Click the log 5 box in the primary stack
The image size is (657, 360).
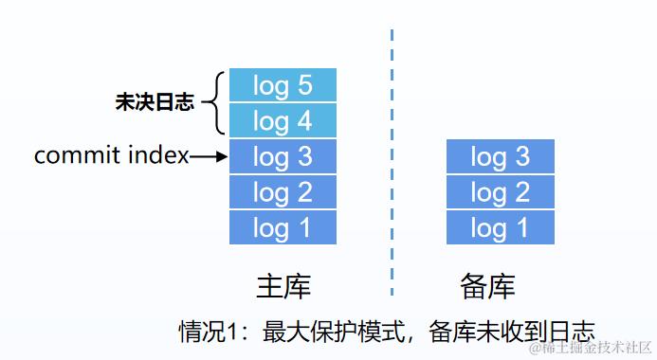click(x=283, y=85)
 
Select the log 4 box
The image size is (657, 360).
click(x=283, y=120)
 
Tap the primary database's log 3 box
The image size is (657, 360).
click(x=283, y=156)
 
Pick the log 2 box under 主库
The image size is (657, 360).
click(x=283, y=192)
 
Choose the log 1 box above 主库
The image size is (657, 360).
click(x=283, y=227)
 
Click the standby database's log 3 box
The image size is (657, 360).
click(x=500, y=156)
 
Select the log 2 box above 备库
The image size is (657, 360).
click(x=500, y=192)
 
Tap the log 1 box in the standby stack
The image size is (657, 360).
click(x=500, y=227)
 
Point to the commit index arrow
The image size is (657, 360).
click(x=210, y=156)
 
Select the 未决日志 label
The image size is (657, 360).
click(x=155, y=103)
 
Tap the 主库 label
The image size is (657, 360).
click(x=283, y=286)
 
